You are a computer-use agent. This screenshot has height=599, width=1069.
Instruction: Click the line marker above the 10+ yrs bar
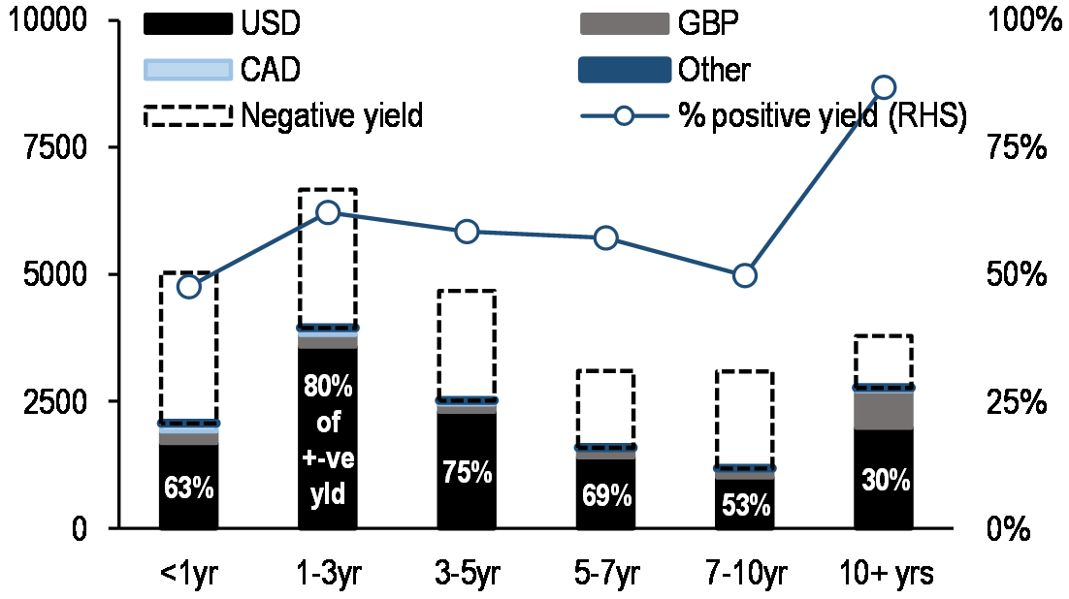[x=883, y=87]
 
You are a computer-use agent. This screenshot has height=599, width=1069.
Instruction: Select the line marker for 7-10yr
[x=744, y=275]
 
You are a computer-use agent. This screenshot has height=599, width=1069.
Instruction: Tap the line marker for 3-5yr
[x=467, y=232]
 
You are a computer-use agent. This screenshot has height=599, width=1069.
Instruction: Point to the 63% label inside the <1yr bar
[x=188, y=487]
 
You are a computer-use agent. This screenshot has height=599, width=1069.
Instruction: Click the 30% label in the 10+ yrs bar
[x=883, y=480]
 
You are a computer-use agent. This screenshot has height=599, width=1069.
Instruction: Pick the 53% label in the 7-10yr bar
[x=744, y=505]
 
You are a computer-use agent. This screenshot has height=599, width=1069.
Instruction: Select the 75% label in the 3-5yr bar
[x=467, y=473]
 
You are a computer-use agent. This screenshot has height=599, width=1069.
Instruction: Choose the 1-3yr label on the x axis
[x=328, y=574]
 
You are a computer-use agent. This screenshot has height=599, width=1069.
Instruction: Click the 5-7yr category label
[x=605, y=574]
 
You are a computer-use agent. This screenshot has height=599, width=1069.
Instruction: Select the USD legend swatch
[x=188, y=21]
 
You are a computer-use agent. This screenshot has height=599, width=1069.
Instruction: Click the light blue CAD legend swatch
[x=188, y=69]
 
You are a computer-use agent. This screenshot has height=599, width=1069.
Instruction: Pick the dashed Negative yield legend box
[x=188, y=116]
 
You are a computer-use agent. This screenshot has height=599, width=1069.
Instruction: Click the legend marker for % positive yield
[x=624, y=116]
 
